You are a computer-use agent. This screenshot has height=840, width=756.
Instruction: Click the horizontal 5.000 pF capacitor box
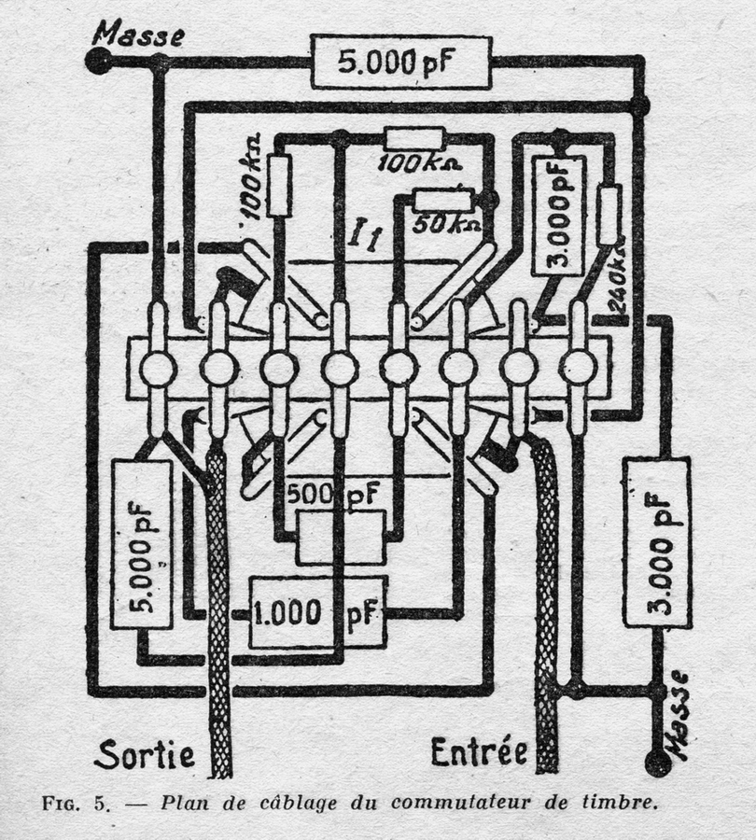400,62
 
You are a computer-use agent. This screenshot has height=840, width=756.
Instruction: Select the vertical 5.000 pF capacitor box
141,544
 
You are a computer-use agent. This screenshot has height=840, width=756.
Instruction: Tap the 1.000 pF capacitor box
317,612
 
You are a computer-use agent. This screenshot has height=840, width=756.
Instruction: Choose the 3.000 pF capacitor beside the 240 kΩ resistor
558,216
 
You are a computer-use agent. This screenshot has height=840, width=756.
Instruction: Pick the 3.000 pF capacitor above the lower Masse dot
657,541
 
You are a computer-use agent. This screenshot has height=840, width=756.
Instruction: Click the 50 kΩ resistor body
441,200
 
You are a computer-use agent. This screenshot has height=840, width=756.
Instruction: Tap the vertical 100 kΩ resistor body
279,185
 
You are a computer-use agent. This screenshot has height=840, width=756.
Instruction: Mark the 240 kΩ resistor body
609,216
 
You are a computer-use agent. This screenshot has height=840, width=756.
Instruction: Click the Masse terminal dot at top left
97,62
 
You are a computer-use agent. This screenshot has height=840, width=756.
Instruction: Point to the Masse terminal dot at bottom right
658,763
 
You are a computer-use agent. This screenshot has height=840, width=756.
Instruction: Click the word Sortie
144,752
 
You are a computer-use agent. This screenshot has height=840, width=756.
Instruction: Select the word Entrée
479,750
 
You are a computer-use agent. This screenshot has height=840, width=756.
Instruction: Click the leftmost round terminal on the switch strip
158,369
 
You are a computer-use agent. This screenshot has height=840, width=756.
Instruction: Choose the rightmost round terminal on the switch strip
578,368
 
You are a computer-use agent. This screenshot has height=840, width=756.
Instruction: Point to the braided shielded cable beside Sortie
218,607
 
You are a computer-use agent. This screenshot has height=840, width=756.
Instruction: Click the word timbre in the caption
620,803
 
